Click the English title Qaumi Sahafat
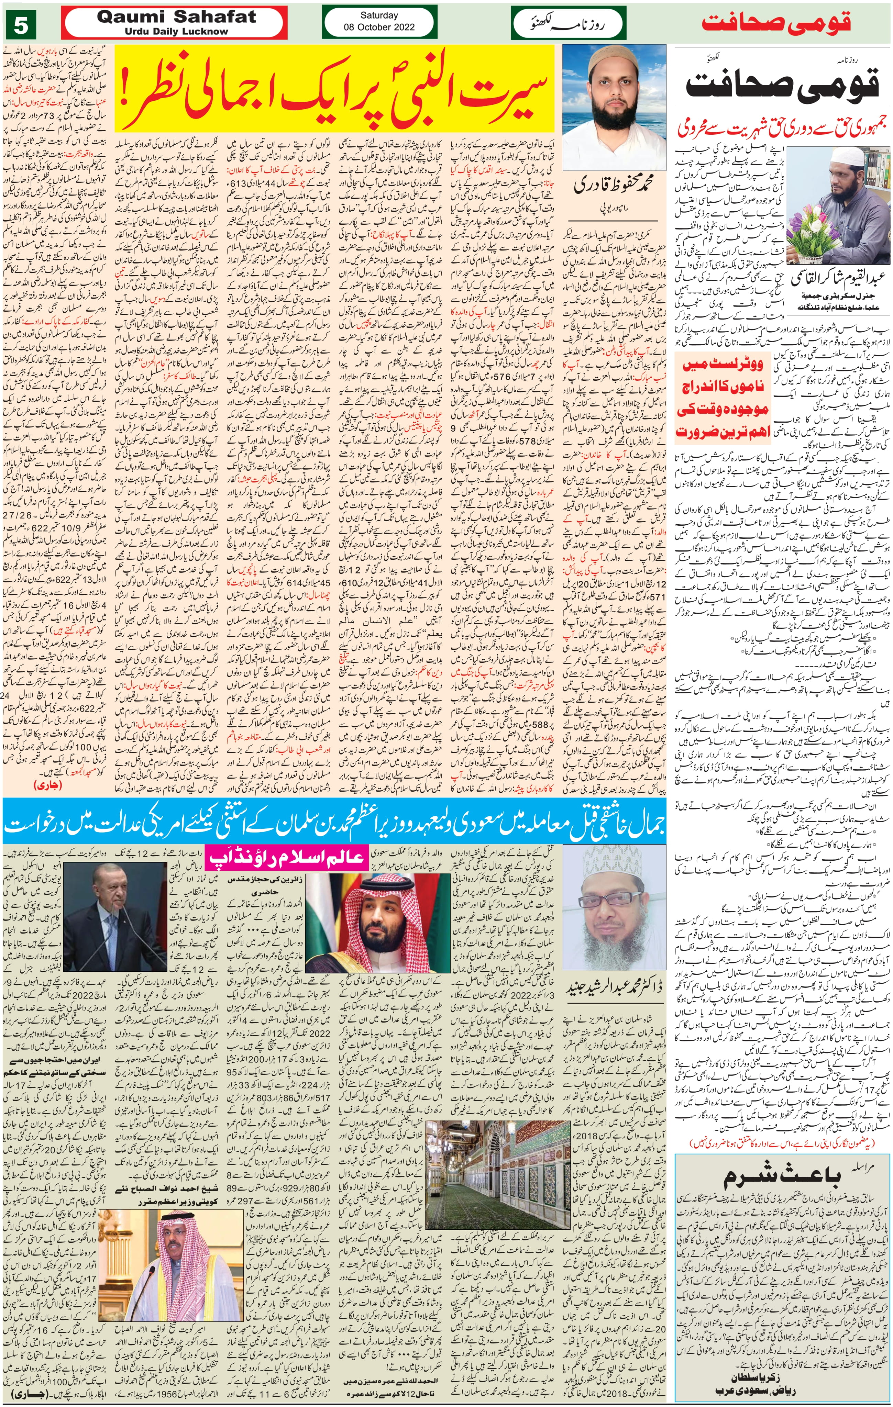(176, 18)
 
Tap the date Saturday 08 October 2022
(379, 22)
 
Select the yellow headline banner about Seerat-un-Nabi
(334, 89)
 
